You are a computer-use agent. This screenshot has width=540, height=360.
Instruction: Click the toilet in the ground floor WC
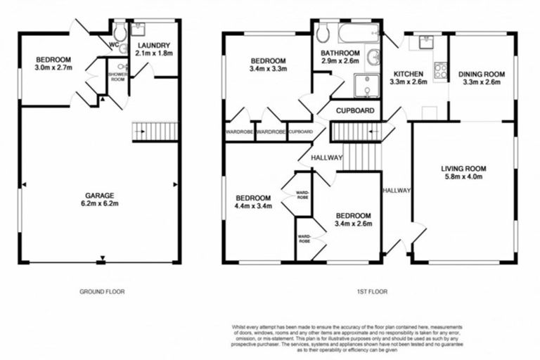coord(120,32)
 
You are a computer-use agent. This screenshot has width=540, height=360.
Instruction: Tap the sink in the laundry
coord(137,29)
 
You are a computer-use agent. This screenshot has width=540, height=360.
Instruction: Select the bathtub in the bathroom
coord(356,33)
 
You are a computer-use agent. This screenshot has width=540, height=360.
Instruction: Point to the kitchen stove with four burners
coord(442,70)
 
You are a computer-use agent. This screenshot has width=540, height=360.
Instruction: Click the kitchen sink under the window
coord(426,41)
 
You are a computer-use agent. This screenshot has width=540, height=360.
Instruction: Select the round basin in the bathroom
coord(373,58)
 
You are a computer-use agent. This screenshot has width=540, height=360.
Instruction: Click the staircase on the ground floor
coord(155,131)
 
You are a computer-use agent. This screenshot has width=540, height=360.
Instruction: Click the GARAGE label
coord(99,195)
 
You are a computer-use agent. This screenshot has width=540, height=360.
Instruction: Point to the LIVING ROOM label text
coord(463,169)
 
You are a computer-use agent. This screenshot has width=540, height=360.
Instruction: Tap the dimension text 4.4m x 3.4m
coord(252,207)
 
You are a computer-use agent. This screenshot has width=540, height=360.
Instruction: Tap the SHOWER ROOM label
coord(117,77)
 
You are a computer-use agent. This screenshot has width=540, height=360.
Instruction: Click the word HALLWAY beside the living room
coord(397,191)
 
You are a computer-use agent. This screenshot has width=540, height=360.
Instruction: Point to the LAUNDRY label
coord(154,46)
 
